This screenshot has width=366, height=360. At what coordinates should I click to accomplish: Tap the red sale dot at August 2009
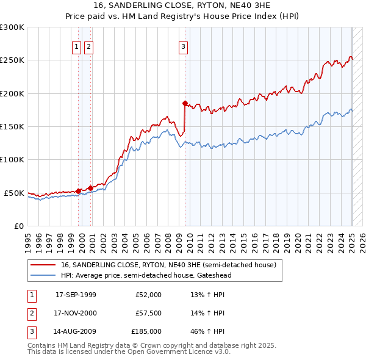(185, 103)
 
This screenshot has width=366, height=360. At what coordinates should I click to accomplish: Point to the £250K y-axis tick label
(12, 60)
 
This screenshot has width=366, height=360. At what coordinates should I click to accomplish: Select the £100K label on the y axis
(12, 159)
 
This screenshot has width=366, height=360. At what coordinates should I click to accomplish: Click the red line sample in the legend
(43, 265)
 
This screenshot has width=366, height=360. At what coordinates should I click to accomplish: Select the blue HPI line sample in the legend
(43, 275)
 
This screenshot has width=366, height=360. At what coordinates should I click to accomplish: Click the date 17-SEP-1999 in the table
(76, 295)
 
